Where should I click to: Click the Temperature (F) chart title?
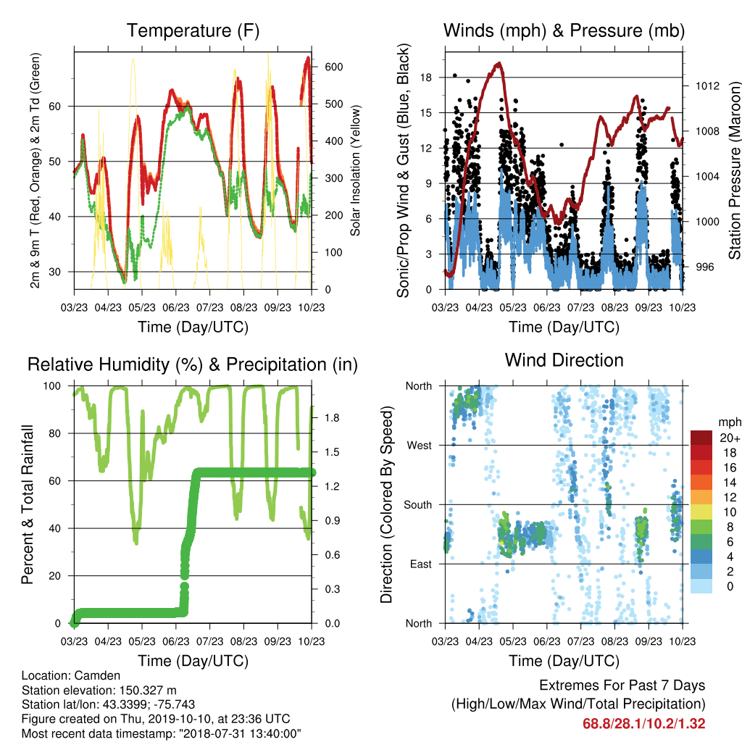193,30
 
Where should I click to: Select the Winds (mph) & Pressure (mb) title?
564,30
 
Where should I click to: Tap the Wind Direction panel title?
564,360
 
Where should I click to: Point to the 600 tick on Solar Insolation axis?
334,67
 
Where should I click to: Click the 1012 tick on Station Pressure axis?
707,86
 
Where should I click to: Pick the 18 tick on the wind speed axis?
426,78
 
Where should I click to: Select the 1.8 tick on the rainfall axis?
332,418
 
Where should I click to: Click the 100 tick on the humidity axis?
52,386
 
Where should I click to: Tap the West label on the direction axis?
420,446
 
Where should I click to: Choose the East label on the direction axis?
421,564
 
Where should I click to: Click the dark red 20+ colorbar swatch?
701,438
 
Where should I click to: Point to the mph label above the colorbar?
730,422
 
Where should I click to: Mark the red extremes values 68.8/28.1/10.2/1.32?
643,724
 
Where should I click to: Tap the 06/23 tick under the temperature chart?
176,307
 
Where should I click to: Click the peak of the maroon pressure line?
499,63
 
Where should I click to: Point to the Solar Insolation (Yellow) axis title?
355,170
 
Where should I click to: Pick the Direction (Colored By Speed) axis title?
387,504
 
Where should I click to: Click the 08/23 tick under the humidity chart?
243,641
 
